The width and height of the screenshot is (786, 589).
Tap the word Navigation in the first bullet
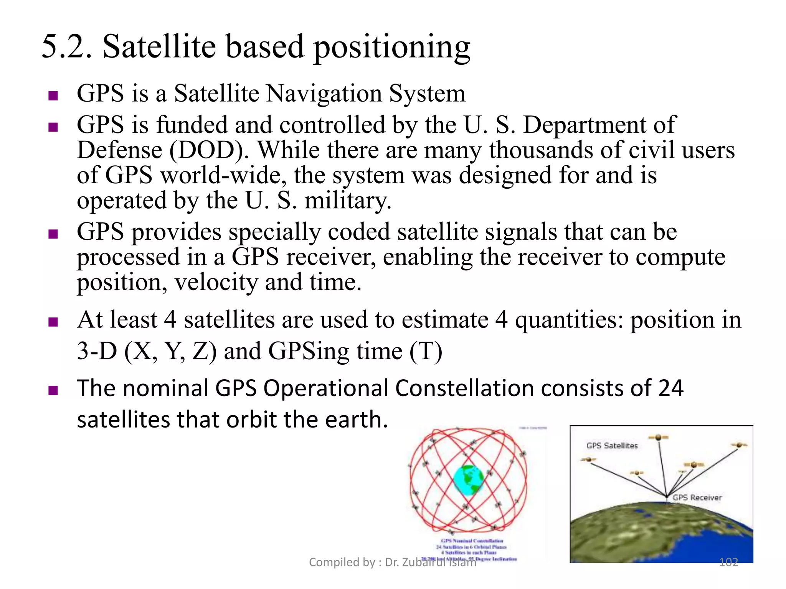[324, 94]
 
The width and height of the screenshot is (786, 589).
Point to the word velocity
[216, 283]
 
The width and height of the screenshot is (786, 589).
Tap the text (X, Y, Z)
[170, 351]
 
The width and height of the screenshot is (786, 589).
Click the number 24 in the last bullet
[671, 388]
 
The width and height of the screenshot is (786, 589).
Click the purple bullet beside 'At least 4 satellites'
[53, 322]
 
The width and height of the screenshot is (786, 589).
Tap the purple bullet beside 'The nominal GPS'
[53, 391]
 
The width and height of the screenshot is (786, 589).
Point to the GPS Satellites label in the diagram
[612, 446]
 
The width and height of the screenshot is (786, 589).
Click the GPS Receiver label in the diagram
[697, 497]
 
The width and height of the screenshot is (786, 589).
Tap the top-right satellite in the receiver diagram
[739, 445]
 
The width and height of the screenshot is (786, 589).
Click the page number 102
[728, 562]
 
